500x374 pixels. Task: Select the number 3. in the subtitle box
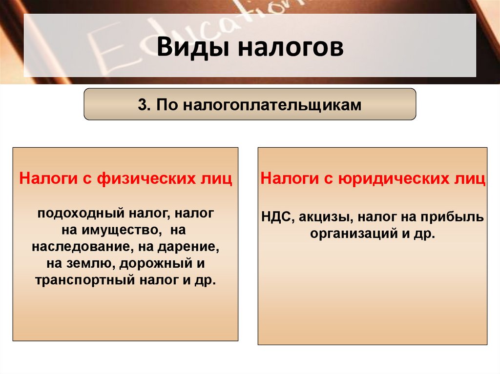tap(145, 105)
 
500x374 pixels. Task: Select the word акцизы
tap(320, 217)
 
